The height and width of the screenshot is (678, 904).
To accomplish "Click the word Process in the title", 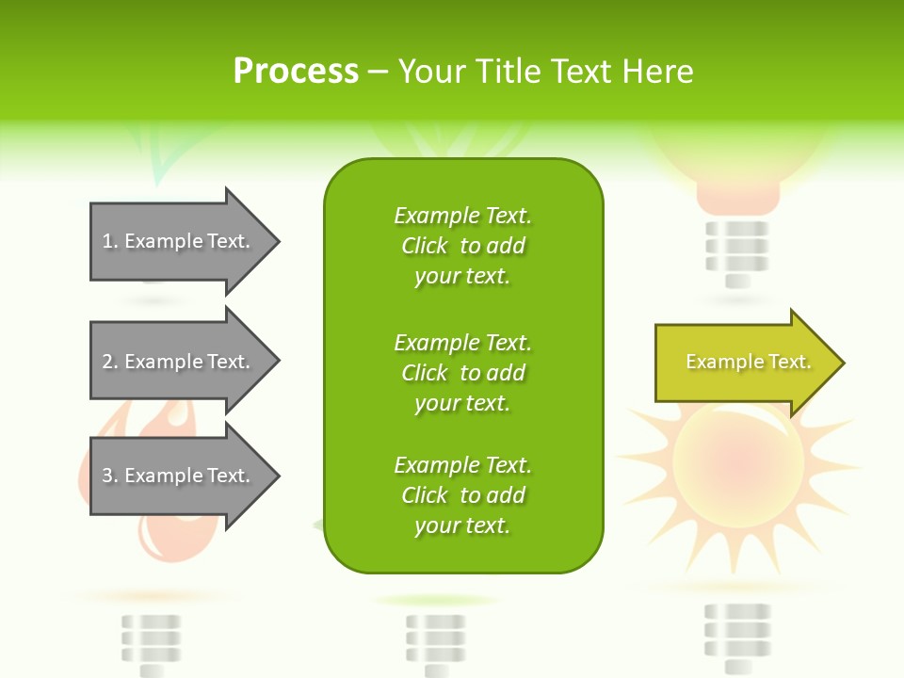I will pyautogui.click(x=296, y=72).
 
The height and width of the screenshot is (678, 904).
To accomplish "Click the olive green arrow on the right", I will pyautogui.click(x=744, y=363).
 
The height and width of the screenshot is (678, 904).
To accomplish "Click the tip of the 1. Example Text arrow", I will pyautogui.click(x=277, y=241).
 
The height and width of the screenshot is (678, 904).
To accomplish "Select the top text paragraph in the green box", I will pyautogui.click(x=462, y=246).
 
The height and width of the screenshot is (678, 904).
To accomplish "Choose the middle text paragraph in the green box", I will pyautogui.click(x=462, y=373).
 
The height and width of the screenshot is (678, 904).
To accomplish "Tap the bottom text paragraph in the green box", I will pyautogui.click(x=462, y=495).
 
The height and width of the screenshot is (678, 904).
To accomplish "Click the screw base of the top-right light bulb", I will pyautogui.click(x=737, y=252).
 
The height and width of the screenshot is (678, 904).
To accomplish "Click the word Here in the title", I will pyautogui.click(x=660, y=72).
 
